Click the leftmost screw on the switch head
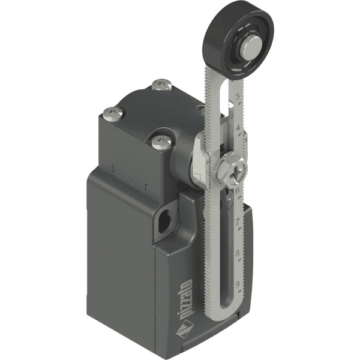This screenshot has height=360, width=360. click(x=109, y=111)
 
